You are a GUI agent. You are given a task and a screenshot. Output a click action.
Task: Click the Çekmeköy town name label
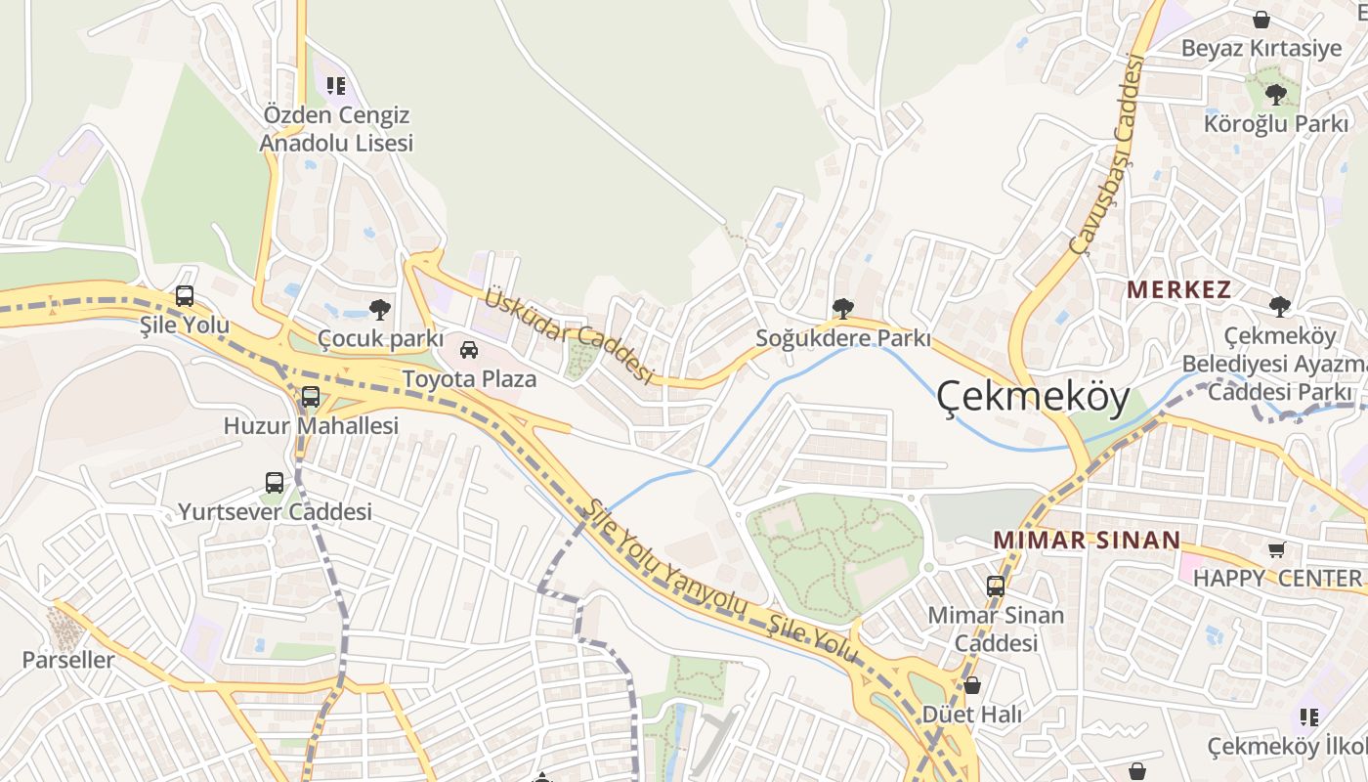(1033, 397)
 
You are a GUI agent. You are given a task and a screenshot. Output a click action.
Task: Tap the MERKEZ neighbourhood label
(1178, 289)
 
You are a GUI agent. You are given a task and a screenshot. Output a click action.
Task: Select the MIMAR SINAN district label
(1087, 540)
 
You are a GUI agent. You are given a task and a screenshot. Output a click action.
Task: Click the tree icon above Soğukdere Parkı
(842, 310)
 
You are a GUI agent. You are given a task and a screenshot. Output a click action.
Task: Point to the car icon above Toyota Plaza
(469, 350)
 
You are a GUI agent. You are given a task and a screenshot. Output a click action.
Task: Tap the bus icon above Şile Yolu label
(185, 296)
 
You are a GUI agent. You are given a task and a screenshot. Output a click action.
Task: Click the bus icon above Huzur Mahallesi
(311, 397)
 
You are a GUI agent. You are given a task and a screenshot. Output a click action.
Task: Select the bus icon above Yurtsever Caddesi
(275, 483)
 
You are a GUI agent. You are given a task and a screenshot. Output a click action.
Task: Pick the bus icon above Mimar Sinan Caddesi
(996, 586)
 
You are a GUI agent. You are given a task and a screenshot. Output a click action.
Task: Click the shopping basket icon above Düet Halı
(972, 685)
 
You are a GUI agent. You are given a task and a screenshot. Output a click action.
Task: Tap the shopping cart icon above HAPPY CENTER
(1276, 549)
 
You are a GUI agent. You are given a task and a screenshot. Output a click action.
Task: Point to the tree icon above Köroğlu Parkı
(1275, 95)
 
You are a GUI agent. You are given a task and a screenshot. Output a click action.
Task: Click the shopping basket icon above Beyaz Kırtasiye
(1261, 20)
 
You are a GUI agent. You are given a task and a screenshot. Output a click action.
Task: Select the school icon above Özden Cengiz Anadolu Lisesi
(336, 86)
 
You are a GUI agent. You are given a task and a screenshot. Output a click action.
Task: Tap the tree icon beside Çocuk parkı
(379, 311)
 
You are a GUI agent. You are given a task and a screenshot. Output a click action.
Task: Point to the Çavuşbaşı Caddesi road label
(1106, 154)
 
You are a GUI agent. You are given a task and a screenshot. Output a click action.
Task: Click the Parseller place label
(68, 660)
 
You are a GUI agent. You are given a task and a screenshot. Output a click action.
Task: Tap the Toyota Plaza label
(469, 378)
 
